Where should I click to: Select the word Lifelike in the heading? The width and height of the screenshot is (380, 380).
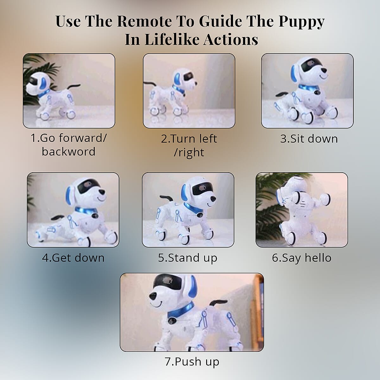[171, 40]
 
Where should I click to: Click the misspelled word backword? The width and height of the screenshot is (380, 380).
[68, 152]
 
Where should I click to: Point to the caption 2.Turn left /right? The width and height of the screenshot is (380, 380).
[189, 145]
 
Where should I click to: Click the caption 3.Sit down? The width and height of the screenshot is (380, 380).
[309, 139]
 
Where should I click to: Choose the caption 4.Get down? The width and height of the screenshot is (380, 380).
[73, 258]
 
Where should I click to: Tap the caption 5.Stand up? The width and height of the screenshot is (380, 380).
[188, 258]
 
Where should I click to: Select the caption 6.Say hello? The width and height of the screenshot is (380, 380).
[301, 258]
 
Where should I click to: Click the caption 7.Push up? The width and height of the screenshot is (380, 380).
[192, 361]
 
